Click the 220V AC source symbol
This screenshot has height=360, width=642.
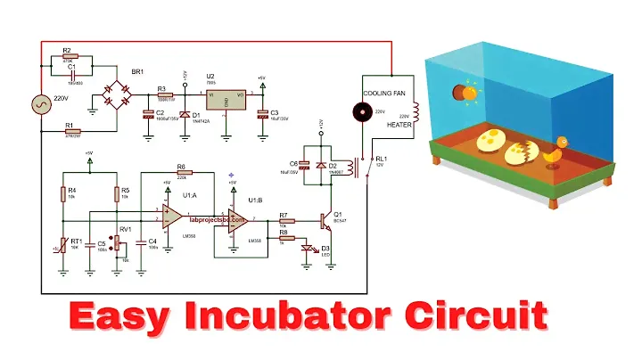coord(41,104)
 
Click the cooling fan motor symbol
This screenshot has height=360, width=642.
coord(362,112)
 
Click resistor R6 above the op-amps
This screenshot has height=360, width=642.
coord(182,172)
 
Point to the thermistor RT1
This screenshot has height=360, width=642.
coord(62,244)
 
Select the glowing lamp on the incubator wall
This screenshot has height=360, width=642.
coord(465,91)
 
